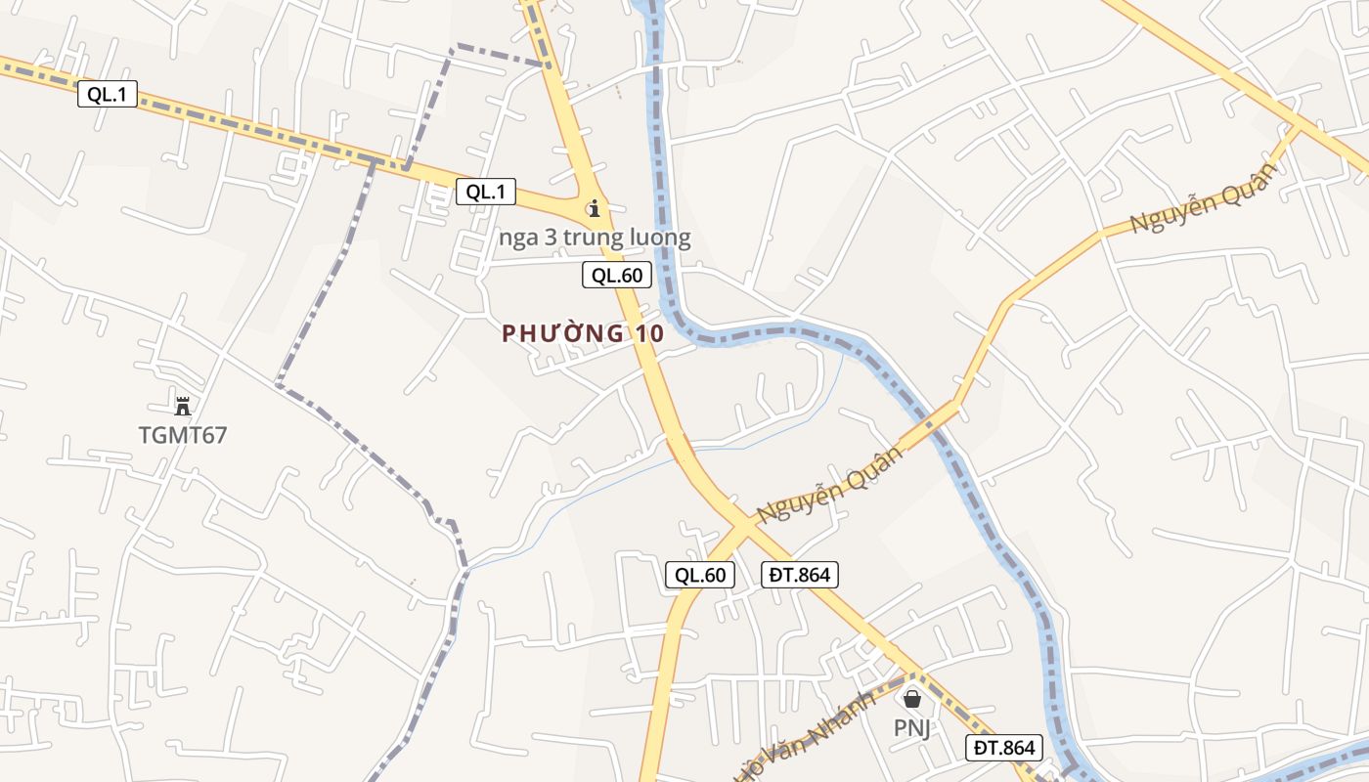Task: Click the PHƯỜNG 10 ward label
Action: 583,333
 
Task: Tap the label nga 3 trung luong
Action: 595,238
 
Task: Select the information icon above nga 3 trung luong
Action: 594,208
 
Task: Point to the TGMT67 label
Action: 183,435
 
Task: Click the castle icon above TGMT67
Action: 182,406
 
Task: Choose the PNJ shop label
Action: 911,727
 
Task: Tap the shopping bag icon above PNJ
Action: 912,699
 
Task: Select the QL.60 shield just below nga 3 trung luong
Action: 617,276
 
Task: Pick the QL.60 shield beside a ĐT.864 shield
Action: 700,575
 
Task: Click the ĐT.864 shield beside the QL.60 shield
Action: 800,575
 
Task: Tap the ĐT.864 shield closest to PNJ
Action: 1004,748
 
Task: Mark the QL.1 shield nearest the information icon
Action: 486,192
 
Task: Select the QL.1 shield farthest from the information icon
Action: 108,94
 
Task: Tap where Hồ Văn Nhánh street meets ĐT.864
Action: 913,673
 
